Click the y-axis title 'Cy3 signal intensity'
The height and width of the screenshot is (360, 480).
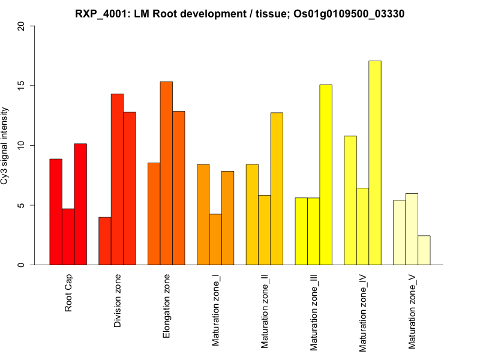tap(5, 145)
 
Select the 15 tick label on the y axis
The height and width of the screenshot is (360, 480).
tap(22, 86)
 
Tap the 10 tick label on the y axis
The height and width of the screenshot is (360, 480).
tap(22, 145)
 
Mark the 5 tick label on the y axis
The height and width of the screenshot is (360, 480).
tap(22, 205)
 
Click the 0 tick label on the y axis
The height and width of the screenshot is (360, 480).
tap(22, 265)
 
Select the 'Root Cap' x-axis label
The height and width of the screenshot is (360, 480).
tap(69, 294)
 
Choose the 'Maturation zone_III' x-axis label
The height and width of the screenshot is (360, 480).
tap(314, 313)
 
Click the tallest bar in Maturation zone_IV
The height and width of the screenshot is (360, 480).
tap(375, 163)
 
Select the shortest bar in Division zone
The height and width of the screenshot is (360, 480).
tap(105, 241)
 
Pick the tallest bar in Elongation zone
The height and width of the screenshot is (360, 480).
tap(166, 173)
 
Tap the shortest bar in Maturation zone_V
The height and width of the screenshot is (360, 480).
tap(424, 250)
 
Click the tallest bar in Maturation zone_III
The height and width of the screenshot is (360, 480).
tap(326, 175)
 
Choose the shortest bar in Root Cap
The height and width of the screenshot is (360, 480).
tap(68, 236)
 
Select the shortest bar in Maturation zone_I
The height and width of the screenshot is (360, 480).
tap(215, 239)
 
